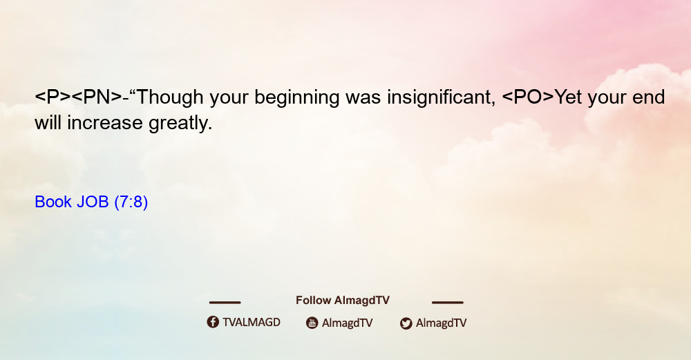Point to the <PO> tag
(528, 97)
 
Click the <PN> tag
(97, 97)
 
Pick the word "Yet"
(568, 97)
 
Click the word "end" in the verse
(649, 97)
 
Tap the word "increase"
(105, 123)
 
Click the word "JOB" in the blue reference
(93, 202)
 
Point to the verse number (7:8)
(131, 202)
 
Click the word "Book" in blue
(53, 202)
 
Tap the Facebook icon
(213, 322)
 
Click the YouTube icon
(312, 323)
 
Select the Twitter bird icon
(406, 323)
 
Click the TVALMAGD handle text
(252, 323)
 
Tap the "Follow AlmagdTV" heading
(343, 301)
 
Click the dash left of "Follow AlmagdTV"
(225, 302)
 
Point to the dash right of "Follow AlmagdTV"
(448, 302)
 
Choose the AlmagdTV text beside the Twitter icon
(441, 323)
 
